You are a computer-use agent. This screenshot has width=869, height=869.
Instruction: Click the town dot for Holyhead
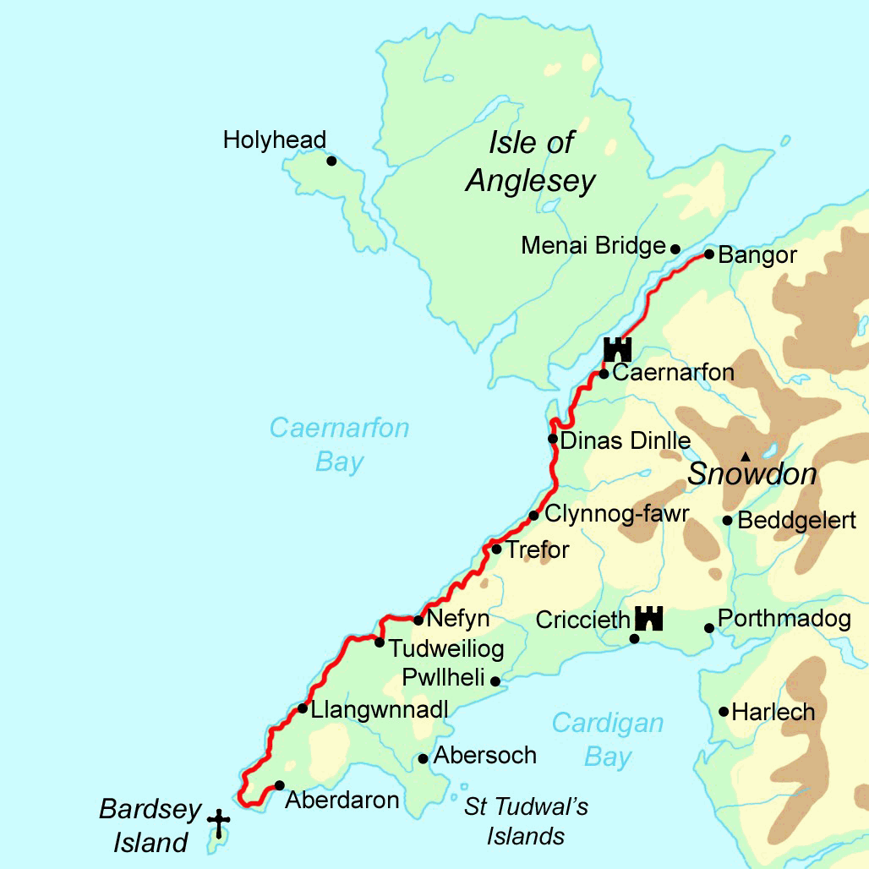331,161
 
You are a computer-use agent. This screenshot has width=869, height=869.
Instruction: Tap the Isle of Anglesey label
531,162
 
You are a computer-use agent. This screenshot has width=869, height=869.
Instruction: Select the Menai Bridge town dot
675,249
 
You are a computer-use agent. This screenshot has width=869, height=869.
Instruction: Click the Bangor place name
757,255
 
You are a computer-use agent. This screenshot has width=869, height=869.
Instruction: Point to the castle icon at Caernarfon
618,348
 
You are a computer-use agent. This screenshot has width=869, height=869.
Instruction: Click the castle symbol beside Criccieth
648,618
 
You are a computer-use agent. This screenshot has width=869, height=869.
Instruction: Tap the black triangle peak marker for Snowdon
745,456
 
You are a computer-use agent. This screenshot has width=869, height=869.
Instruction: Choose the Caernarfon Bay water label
339,445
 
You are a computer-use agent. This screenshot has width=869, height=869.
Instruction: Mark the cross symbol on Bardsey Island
219,823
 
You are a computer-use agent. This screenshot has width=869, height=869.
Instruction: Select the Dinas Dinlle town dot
552,438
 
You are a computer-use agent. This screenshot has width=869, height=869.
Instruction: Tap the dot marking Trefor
496,549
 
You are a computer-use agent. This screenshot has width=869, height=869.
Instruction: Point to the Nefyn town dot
418,620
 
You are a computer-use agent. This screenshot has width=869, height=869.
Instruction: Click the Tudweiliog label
445,648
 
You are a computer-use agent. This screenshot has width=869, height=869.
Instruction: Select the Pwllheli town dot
495,680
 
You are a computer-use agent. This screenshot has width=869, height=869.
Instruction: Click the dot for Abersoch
423,758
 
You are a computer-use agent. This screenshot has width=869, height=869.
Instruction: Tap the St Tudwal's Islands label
526,821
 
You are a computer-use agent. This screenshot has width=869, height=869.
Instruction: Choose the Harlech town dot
724,711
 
